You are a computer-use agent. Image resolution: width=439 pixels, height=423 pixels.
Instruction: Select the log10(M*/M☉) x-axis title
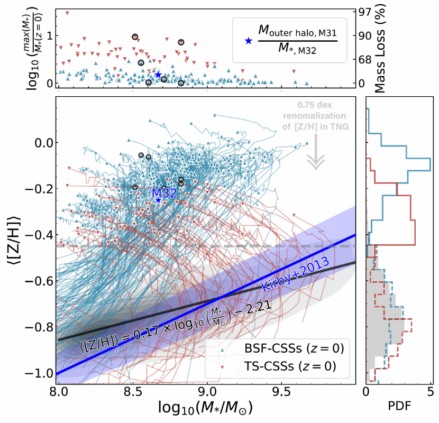[205, 408]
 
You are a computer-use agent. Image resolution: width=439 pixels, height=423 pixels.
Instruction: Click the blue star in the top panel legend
[247, 41]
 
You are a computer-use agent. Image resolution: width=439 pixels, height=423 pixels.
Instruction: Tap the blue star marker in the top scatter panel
[158, 75]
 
